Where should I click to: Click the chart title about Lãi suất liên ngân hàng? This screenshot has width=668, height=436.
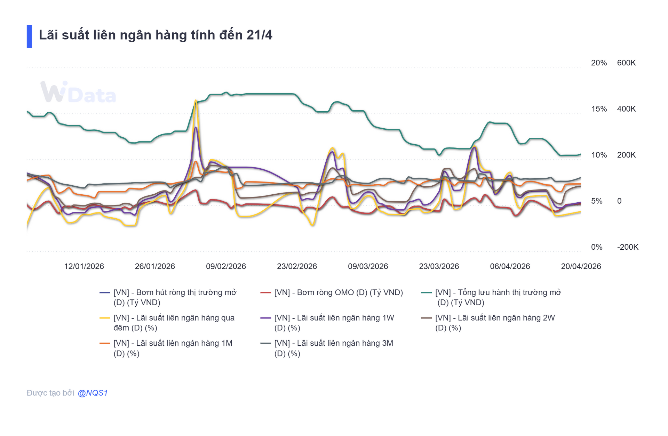[155, 35]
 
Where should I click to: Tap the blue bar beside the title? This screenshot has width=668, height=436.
[29, 36]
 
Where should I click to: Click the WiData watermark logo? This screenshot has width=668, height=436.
[78, 92]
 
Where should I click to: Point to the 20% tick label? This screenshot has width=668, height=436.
[598, 63]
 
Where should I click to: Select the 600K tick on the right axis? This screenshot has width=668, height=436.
[626, 63]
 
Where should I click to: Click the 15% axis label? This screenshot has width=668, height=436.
[598, 109]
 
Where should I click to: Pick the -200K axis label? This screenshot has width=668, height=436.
[627, 247]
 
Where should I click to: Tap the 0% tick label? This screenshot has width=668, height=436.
[596, 247]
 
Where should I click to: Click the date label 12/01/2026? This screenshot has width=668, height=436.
[84, 266]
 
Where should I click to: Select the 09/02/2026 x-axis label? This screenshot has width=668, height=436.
[226, 266]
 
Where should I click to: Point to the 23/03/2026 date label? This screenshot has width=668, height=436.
[439, 266]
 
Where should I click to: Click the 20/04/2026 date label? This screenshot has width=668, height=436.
[581, 266]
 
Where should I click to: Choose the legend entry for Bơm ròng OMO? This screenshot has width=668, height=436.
[338, 292]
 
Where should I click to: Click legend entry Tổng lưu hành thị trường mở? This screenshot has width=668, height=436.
[498, 297]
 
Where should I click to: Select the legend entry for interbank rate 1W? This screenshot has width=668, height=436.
[334, 323]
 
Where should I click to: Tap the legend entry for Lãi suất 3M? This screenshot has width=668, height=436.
[333, 348]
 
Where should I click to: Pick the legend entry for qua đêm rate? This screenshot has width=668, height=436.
[174, 323]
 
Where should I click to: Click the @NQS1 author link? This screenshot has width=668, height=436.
[93, 393]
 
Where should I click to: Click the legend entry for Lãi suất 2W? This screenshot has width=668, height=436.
[494, 323]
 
